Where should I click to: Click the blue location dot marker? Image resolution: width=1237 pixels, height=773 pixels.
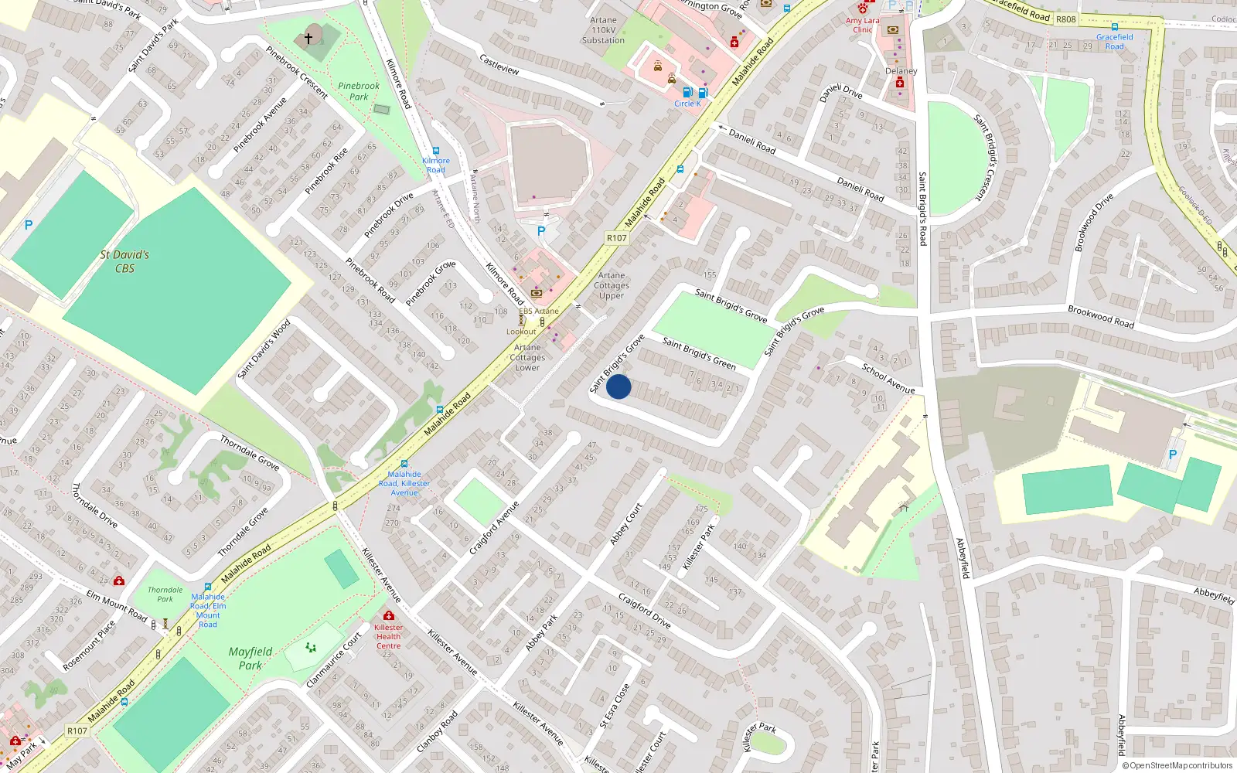pos(618,386)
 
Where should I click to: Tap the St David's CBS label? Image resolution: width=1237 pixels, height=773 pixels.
pos(124,261)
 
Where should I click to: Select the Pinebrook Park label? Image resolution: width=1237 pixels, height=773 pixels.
pos(359,91)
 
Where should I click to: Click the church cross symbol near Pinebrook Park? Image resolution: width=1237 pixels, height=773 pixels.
pos(308,38)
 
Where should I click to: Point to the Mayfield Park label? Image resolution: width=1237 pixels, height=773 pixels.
pos(250,658)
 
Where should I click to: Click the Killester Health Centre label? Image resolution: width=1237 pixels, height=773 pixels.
pos(388,636)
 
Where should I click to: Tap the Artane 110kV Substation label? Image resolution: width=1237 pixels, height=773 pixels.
pos(603,30)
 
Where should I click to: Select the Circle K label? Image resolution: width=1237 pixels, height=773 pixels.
pos(687,104)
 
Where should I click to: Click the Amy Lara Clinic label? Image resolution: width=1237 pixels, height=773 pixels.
pos(863,26)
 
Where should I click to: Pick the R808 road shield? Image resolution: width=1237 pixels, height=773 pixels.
pos(1065,19)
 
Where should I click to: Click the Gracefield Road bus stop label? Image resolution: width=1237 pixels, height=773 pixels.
pos(1114,41)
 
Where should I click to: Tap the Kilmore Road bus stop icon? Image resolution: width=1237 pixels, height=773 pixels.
pos(436,152)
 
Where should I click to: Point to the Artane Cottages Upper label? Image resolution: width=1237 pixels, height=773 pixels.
pos(612,285)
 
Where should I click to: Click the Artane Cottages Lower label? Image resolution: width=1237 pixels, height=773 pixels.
pos(528,357)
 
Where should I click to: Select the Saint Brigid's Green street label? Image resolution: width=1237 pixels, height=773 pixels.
pos(699,352)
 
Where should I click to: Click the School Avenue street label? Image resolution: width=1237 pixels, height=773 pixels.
pos(888,378)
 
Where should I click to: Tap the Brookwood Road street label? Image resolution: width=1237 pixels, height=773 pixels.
pos(1100,317)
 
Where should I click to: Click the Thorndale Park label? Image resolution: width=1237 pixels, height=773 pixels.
pos(165,594)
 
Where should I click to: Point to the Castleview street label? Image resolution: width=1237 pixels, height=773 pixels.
pos(499,64)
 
